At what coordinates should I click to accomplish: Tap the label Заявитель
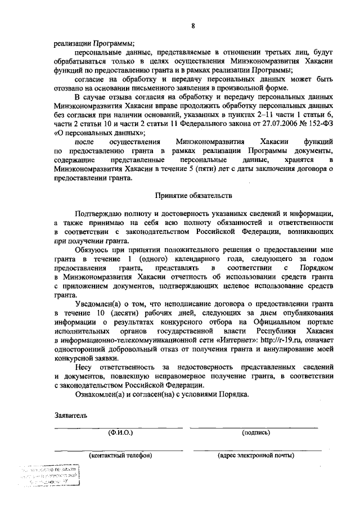tap(70, 416)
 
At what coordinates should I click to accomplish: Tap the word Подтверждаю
tap(101, 214)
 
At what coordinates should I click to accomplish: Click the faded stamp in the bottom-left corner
tap(49, 476)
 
